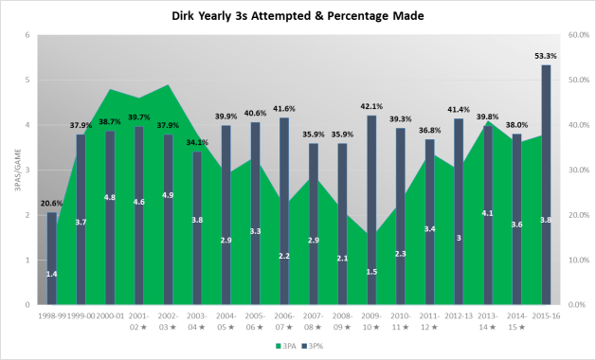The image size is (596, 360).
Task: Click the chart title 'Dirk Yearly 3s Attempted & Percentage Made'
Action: [x=298, y=16]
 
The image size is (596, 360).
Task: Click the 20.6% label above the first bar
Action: [x=52, y=203]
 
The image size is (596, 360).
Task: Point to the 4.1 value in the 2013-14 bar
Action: [x=487, y=213]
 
